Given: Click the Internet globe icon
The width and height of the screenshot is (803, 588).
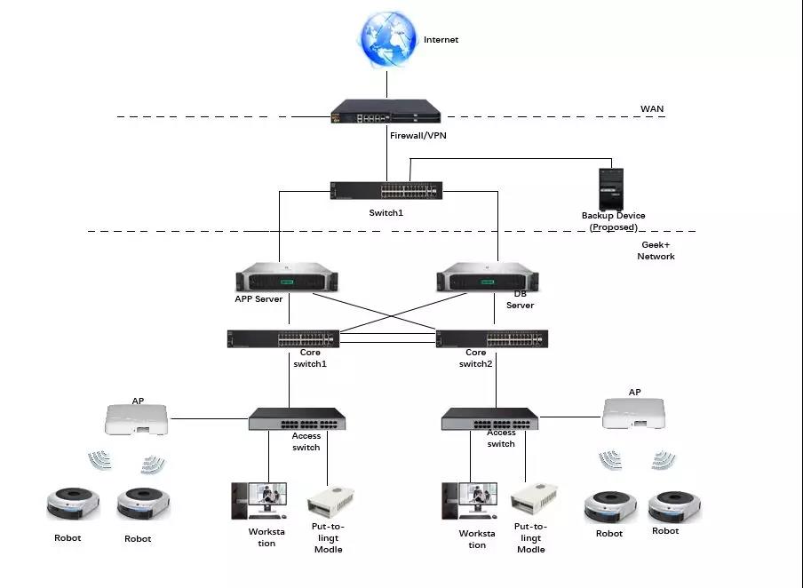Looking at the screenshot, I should [x=387, y=39].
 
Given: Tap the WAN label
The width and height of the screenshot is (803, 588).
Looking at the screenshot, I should [x=652, y=109].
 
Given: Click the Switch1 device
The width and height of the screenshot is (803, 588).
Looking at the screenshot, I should [x=386, y=190].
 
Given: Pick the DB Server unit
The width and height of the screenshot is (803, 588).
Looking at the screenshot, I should [x=490, y=278].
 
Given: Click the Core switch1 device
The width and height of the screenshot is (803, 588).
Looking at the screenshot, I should [x=282, y=338].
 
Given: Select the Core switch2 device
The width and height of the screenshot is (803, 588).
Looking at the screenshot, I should [x=492, y=338].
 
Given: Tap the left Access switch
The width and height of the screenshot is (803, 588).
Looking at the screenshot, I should [x=297, y=419].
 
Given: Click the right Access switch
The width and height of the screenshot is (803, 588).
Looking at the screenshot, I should [x=489, y=419].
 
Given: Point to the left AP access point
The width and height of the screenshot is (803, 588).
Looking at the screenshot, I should [x=137, y=419].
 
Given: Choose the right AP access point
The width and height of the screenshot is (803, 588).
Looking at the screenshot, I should [x=634, y=413].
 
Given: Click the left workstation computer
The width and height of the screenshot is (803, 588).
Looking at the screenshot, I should [x=259, y=500].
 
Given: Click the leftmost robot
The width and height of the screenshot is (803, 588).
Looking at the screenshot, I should [x=73, y=504].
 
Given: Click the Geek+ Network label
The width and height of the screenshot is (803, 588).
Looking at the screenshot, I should [x=656, y=250].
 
